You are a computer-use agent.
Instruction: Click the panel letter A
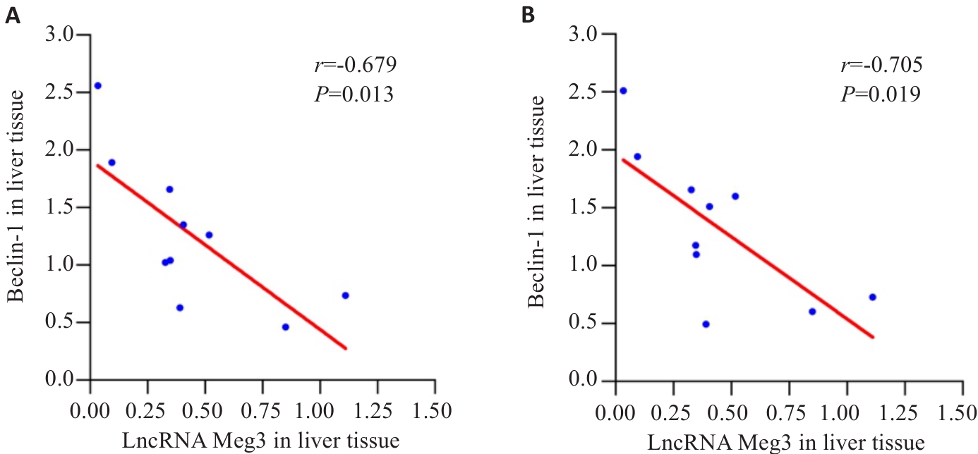[12, 16]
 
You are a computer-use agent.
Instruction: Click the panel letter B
[527, 16]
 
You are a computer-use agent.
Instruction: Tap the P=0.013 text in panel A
[354, 94]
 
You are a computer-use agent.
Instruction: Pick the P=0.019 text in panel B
[880, 94]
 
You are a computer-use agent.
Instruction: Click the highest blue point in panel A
[98, 85]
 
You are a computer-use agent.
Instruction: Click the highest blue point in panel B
[623, 90]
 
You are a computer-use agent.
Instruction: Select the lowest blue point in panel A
[286, 327]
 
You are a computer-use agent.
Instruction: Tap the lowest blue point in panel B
[706, 324]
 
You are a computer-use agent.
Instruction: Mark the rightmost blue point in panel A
[346, 295]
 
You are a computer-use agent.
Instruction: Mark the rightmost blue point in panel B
[872, 297]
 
